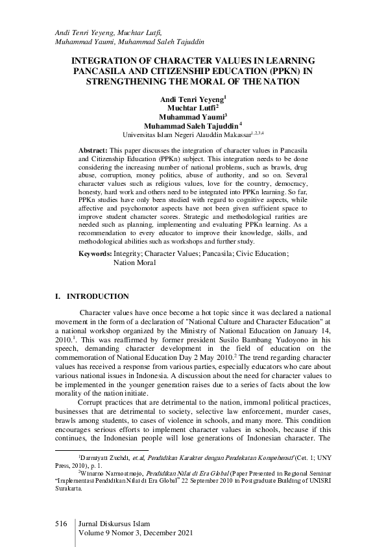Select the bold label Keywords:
tap(95, 254)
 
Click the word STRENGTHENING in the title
tap(132, 81)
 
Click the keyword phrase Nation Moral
tap(134, 263)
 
